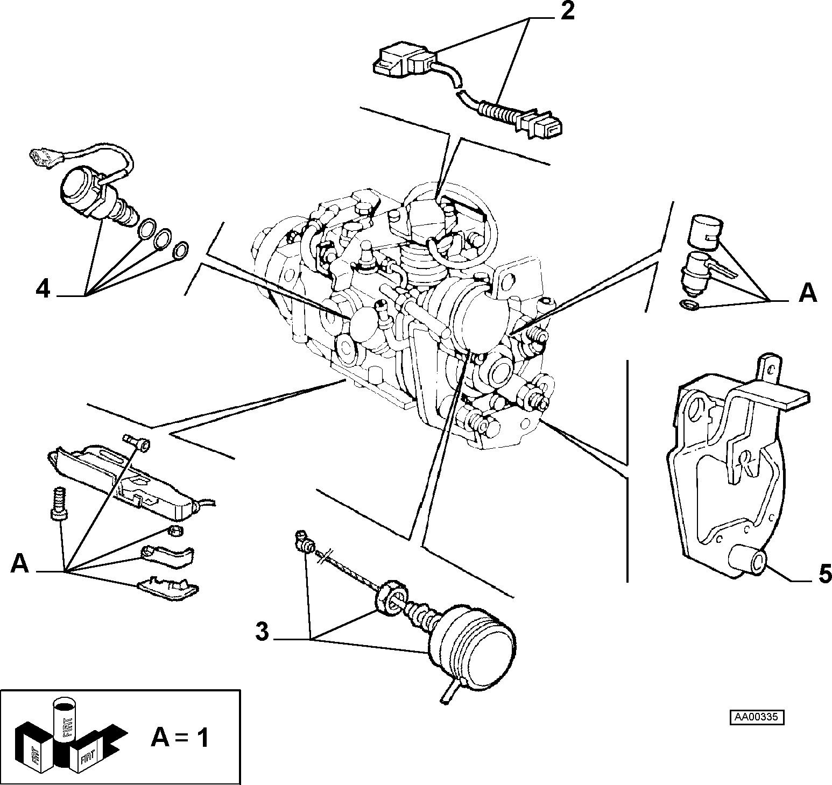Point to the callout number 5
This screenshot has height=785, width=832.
point(824,574)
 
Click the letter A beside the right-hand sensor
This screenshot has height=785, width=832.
point(808,294)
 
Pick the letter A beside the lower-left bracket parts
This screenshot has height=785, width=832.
point(20,564)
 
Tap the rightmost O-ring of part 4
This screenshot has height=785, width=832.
point(181,250)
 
